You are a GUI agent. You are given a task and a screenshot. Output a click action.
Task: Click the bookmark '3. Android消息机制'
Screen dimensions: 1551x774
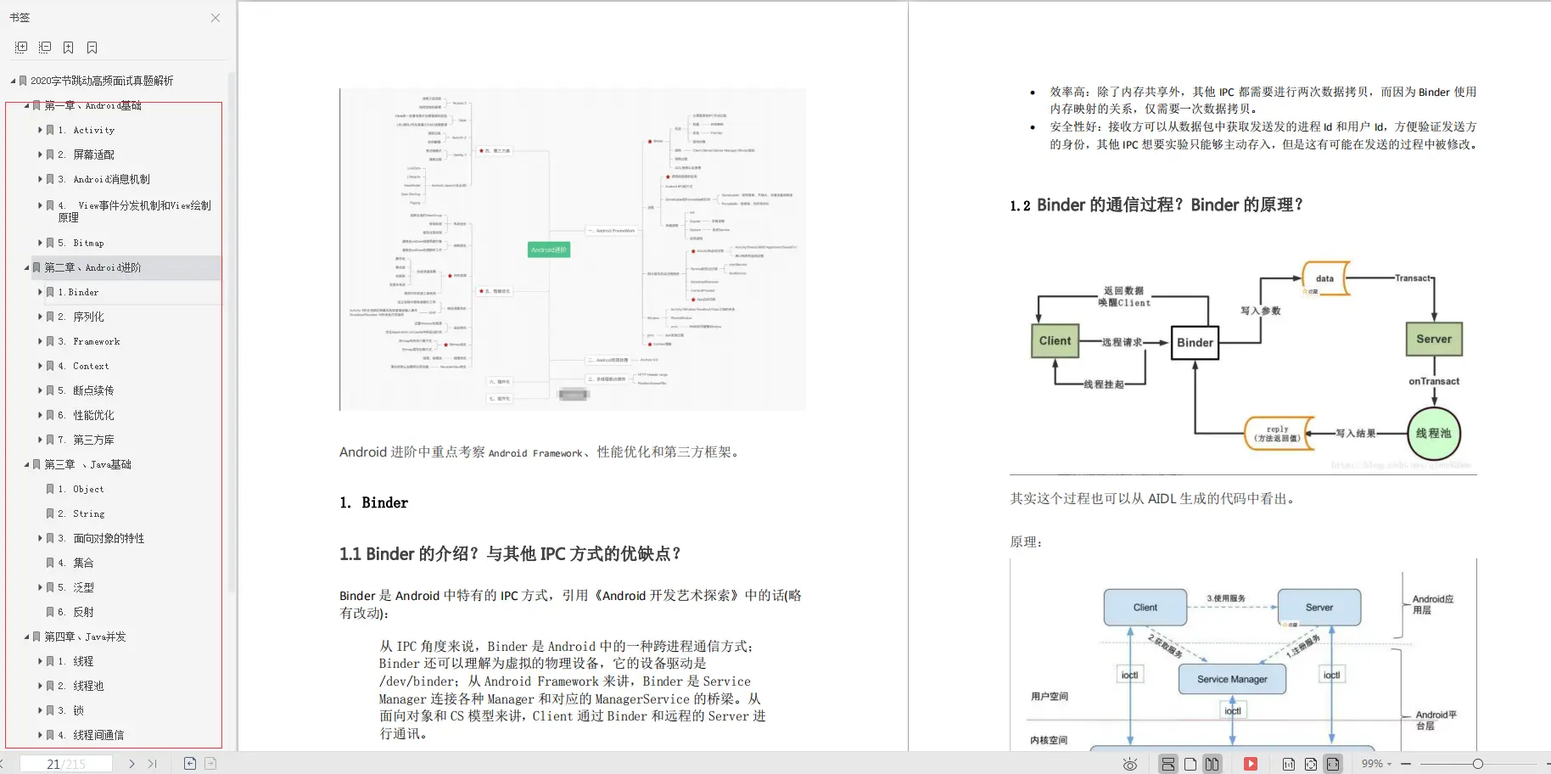click(x=111, y=179)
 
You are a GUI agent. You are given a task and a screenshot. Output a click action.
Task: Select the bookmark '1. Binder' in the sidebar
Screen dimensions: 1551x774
click(x=83, y=292)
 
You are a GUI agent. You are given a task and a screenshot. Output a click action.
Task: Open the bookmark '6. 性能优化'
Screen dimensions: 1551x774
click(x=93, y=415)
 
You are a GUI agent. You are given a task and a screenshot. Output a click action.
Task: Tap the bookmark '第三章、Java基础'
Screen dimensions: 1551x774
click(x=87, y=464)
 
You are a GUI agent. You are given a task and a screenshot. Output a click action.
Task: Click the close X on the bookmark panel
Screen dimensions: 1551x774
click(x=216, y=18)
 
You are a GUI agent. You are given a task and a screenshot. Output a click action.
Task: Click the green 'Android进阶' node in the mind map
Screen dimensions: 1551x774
click(x=549, y=250)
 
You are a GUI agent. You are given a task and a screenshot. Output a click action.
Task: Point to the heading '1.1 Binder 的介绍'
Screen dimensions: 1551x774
click(x=510, y=554)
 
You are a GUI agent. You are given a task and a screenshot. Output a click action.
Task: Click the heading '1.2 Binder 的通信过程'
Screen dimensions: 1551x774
click(x=1156, y=205)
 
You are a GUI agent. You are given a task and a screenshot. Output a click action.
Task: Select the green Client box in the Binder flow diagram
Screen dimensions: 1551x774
click(x=1055, y=341)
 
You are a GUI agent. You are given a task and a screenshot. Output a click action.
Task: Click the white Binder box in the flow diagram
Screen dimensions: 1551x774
click(x=1195, y=343)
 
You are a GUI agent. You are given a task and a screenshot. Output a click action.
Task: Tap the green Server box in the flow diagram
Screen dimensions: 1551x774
click(x=1433, y=339)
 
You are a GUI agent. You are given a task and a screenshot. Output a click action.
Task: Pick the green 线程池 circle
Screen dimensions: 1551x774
click(x=1433, y=433)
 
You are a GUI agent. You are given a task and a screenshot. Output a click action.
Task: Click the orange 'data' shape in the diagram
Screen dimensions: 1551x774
click(x=1325, y=278)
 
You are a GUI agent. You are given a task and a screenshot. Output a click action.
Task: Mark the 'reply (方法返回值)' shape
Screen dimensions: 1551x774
click(x=1278, y=434)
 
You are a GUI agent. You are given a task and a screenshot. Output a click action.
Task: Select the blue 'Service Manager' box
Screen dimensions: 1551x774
click(x=1232, y=679)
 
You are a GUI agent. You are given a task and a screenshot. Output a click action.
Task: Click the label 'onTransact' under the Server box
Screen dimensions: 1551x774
click(x=1434, y=381)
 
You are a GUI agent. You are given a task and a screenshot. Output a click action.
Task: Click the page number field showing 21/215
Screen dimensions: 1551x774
click(x=66, y=764)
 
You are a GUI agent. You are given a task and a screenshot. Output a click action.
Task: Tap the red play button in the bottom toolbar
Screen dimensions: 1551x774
click(x=1251, y=764)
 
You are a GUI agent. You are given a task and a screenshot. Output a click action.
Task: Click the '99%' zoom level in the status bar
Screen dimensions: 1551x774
click(x=1372, y=764)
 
